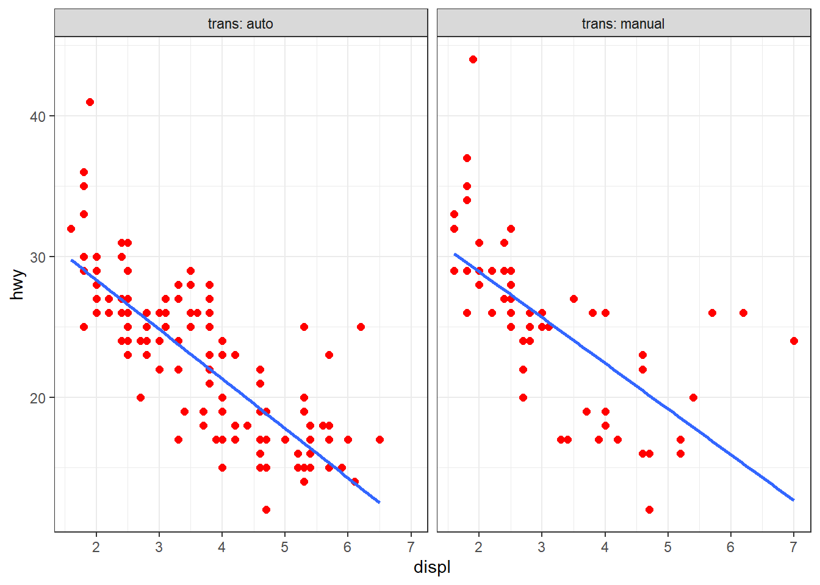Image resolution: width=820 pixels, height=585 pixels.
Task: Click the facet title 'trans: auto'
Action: pos(240,24)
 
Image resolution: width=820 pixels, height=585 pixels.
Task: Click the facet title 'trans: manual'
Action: pos(623,24)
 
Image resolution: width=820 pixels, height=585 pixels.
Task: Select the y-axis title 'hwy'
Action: pos(18,284)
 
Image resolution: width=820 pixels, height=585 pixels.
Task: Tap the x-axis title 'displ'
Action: pos(432,567)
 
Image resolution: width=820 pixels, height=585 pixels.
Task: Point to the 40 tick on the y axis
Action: pos(38,116)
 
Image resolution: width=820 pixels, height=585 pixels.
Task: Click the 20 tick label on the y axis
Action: pos(38,398)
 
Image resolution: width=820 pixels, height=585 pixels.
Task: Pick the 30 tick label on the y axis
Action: pos(38,257)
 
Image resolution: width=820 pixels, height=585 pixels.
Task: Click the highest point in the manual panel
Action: pos(473,60)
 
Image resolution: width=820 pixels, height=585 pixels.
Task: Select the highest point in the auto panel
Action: pos(90,102)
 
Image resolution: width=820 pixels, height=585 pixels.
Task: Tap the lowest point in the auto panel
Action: pos(266,509)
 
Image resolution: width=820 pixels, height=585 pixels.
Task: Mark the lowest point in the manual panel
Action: pos(649,509)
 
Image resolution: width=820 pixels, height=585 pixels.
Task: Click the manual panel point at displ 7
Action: pos(794,341)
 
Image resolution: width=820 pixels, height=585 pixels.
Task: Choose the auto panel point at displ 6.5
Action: pos(379,439)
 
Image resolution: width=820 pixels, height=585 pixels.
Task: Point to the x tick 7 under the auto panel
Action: pos(411,547)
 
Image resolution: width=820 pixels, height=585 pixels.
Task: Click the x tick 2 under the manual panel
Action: pos(479,547)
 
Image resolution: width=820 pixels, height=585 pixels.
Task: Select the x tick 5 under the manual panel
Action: pos(667,547)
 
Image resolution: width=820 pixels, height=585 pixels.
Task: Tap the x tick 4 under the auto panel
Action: pos(222,547)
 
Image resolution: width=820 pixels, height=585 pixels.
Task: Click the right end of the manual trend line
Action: pos(794,500)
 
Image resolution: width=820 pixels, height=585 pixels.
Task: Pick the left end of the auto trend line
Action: pos(71,260)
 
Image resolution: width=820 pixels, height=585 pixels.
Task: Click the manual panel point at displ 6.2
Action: pos(743,313)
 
